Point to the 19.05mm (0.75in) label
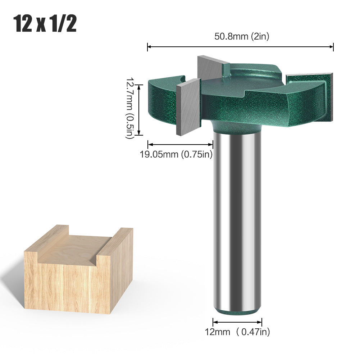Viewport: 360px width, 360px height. coord(176,154)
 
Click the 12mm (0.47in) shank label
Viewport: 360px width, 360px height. coord(237,331)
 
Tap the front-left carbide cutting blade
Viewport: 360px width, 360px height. coord(188,106)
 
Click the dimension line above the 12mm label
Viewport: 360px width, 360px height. coord(237,321)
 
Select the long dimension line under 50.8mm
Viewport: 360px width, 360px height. coord(241,46)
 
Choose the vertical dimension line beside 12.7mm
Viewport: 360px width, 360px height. coord(140,108)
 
